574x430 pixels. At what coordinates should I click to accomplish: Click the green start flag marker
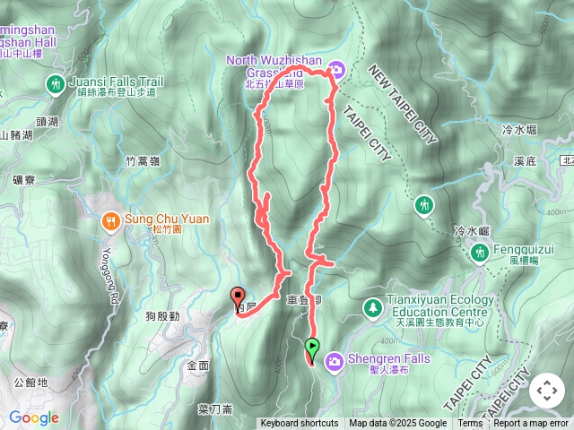coord(312,346)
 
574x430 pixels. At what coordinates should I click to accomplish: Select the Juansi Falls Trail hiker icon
coord(56,84)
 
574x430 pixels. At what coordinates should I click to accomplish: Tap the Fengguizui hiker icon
coord(480,254)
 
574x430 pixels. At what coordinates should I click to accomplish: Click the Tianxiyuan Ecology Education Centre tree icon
coord(371,307)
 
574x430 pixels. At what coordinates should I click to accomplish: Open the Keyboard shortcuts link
coord(300,424)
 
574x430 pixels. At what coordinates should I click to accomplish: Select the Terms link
coord(470,424)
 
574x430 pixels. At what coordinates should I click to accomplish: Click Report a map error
coord(531,424)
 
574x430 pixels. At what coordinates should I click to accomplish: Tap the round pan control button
coord(546,391)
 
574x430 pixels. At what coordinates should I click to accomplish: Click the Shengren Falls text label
coord(388,359)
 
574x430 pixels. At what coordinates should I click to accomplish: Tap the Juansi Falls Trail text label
coord(114,79)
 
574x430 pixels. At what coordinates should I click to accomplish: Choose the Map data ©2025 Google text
coord(398,424)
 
